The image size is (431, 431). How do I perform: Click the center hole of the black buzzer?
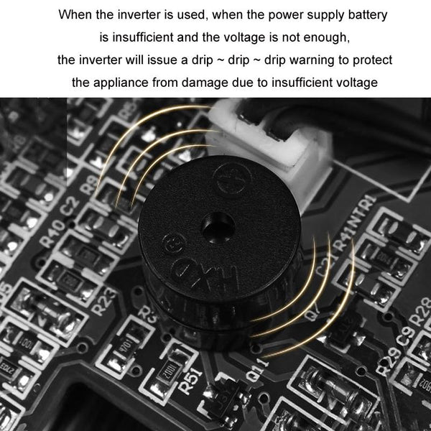213,219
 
